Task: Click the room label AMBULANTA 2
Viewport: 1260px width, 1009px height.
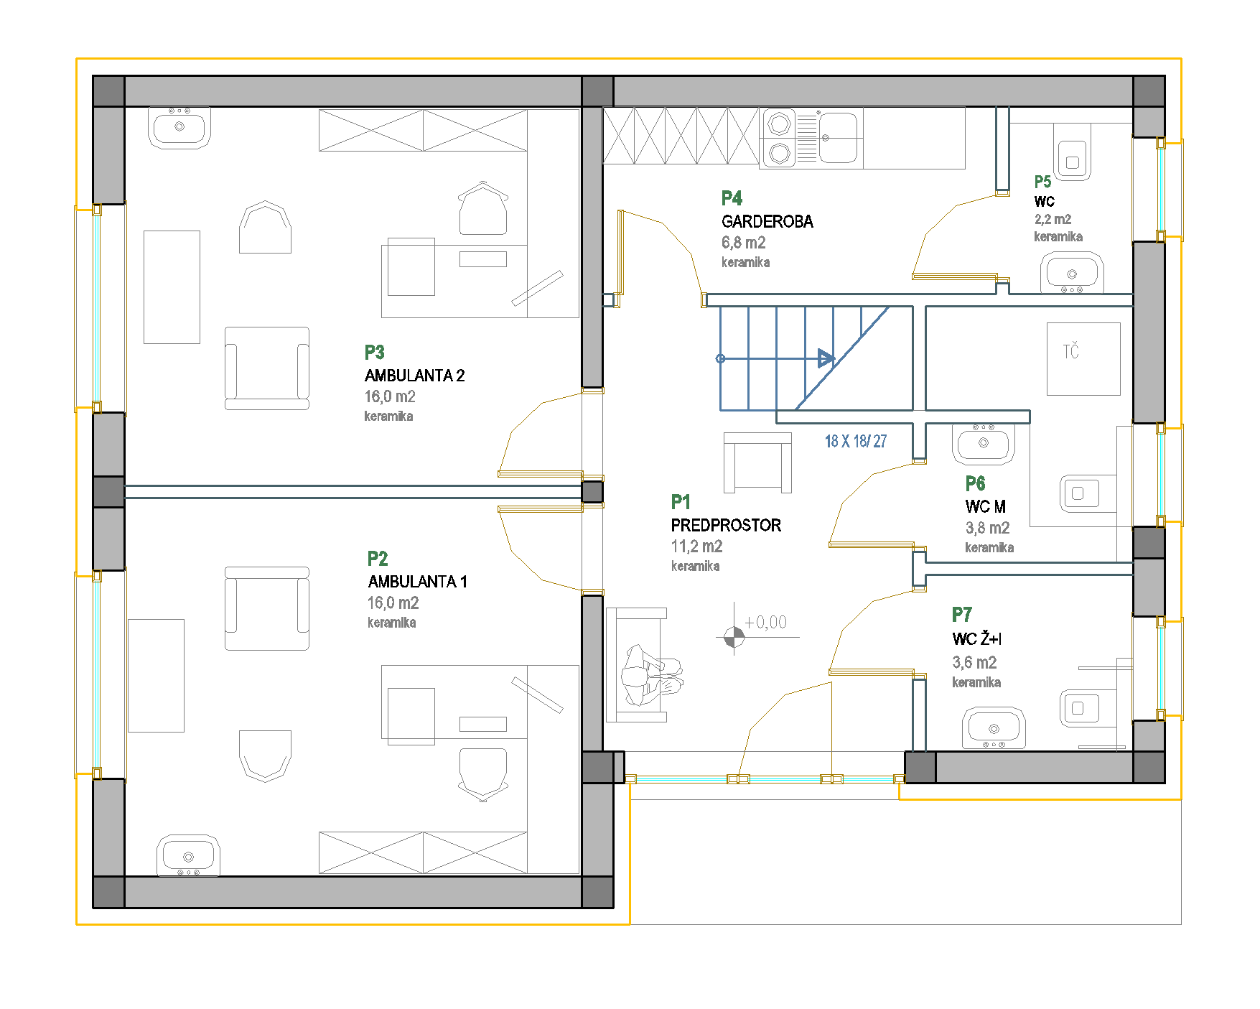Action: click(x=414, y=376)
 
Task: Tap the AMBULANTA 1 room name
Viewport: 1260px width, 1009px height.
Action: click(x=417, y=582)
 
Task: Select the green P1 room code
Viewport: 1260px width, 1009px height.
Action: click(x=681, y=501)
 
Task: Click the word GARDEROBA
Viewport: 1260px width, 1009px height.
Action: click(x=767, y=221)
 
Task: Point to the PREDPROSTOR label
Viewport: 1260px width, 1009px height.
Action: click(x=726, y=525)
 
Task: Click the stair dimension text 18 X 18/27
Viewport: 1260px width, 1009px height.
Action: click(x=855, y=441)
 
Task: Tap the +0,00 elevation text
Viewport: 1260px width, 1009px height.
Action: click(x=765, y=623)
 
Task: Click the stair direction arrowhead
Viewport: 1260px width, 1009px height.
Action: click(x=826, y=358)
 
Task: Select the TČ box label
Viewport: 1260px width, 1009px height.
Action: click(x=1070, y=351)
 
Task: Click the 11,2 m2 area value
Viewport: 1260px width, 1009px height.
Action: click(x=696, y=547)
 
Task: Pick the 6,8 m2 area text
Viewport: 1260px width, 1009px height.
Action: click(x=743, y=243)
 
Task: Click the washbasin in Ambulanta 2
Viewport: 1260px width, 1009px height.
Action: click(x=179, y=128)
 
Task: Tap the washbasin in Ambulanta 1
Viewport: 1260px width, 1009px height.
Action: click(x=188, y=855)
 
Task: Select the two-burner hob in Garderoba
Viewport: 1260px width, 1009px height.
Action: click(x=779, y=138)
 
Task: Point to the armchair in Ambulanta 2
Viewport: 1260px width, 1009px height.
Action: click(x=267, y=368)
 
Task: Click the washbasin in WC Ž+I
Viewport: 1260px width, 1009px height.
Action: click(x=994, y=727)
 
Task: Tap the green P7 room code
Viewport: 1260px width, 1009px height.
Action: click(x=961, y=615)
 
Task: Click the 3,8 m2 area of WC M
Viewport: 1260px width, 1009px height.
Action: click(x=987, y=529)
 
